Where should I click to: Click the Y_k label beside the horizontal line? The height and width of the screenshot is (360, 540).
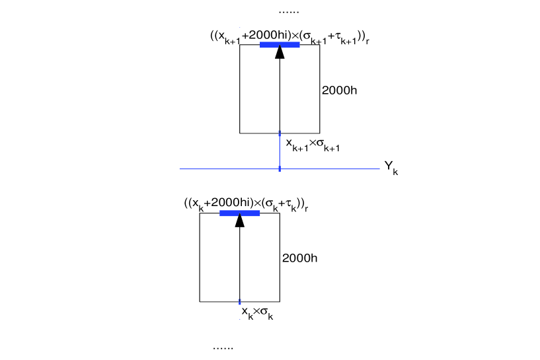pyautogui.click(x=390, y=168)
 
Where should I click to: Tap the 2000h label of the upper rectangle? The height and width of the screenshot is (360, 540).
pyautogui.click(x=339, y=90)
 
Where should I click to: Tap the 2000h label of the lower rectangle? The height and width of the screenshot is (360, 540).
pyautogui.click(x=299, y=258)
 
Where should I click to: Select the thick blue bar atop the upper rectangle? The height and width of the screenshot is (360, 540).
pyautogui.click(x=280, y=45)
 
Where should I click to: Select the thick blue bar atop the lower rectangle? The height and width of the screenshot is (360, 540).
pyautogui.click(x=239, y=213)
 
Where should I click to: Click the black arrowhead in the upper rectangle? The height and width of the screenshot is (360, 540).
pyautogui.click(x=280, y=53)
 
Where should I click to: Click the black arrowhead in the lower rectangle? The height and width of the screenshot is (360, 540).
pyautogui.click(x=239, y=221)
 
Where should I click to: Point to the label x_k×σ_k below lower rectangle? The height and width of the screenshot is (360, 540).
pyautogui.click(x=257, y=312)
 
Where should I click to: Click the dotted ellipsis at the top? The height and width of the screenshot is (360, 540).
pyautogui.click(x=289, y=11)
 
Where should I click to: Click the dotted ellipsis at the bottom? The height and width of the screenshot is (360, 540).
pyautogui.click(x=223, y=346)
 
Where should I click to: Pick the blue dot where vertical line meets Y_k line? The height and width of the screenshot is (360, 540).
pyautogui.click(x=280, y=169)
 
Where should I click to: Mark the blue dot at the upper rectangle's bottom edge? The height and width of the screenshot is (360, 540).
pyautogui.click(x=280, y=133)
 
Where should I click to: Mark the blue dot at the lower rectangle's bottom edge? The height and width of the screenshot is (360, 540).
pyautogui.click(x=239, y=302)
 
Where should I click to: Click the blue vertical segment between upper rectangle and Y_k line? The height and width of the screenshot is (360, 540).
pyautogui.click(x=280, y=152)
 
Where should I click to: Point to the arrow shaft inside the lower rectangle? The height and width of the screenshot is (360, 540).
pyautogui.click(x=239, y=264)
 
